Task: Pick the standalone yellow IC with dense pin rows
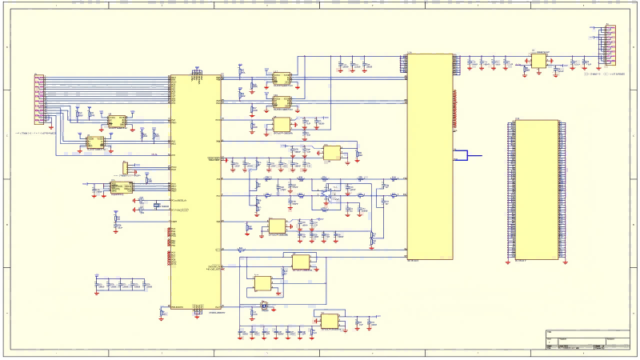pyautogui.click(x=536, y=190)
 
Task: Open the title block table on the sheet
pyautogui.click(x=587, y=340)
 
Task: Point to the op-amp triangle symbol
pyautogui.click(x=327, y=193)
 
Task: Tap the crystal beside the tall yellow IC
pyautogui.click(x=158, y=205)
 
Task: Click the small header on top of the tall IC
pyautogui.click(x=197, y=74)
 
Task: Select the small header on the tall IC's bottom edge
pyautogui.click(x=197, y=311)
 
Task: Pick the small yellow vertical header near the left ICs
pyautogui.click(x=125, y=166)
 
